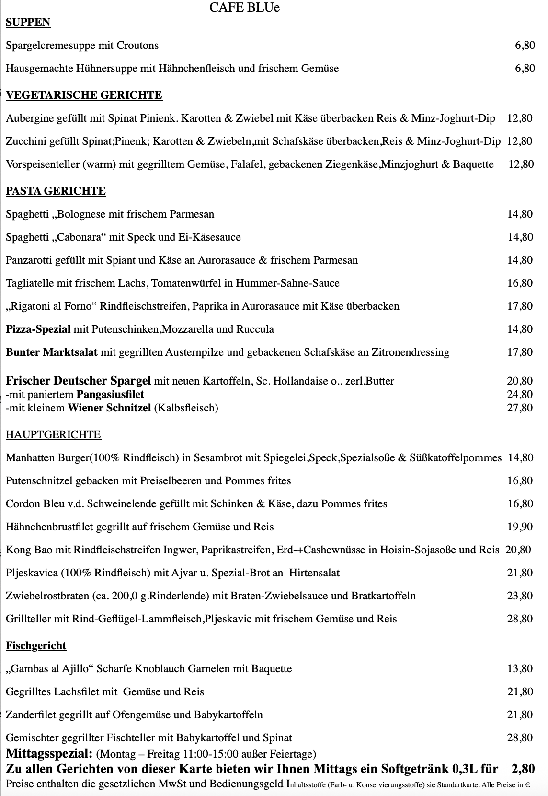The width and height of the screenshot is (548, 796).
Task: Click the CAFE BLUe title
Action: point(244,8)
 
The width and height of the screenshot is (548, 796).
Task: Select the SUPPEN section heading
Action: point(28,23)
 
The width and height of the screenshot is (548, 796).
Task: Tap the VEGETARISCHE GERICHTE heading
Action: point(84,95)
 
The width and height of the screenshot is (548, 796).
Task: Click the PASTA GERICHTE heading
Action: point(56,191)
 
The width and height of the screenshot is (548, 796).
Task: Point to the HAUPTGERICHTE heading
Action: point(53,435)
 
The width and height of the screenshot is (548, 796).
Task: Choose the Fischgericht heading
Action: point(36,646)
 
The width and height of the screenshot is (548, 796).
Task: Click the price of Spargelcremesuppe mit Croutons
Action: point(525,46)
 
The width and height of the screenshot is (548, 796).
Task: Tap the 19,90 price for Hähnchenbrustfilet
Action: point(520,527)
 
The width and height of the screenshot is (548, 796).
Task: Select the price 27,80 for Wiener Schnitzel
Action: point(520,408)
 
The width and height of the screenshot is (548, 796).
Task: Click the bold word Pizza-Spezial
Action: point(38,329)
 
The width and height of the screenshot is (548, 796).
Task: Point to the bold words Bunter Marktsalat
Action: point(52,352)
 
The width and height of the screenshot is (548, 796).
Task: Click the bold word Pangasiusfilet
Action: point(110,395)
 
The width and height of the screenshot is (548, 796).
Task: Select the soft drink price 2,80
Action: point(523,769)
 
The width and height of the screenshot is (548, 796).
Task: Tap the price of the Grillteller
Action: point(520,619)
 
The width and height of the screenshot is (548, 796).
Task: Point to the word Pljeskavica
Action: point(32,573)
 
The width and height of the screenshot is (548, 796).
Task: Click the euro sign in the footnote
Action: point(527,785)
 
